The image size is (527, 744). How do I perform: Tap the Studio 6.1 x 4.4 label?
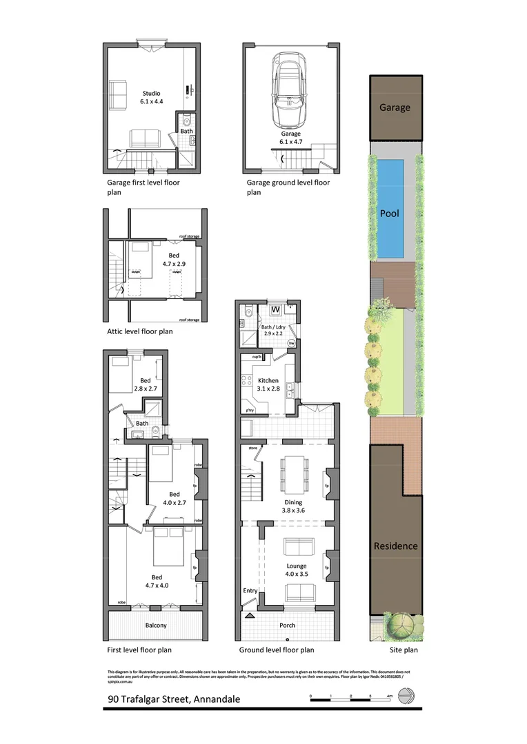(151, 98)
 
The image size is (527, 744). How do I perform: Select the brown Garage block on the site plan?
(395, 107)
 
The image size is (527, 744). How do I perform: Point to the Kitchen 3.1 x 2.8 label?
(268, 384)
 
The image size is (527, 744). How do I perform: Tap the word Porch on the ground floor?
(287, 626)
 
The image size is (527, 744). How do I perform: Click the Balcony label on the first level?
(156, 626)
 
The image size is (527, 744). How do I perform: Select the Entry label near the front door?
(249, 591)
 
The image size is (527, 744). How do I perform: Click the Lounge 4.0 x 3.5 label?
(297, 570)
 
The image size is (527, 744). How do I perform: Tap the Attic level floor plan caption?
(139, 331)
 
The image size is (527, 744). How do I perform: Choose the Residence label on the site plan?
(395, 546)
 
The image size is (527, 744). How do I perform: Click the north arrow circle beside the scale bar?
(410, 699)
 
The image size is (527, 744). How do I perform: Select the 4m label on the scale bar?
(390, 696)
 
